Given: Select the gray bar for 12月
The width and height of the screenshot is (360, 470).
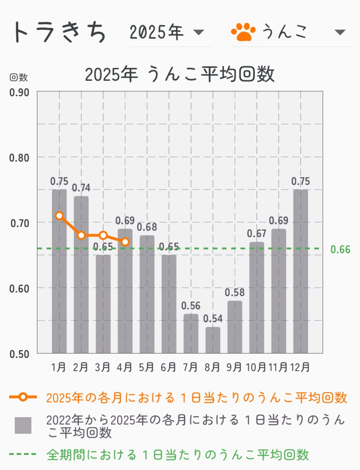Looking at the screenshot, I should coord(300,271).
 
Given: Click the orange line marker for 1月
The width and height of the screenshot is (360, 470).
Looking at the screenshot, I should coord(59,215).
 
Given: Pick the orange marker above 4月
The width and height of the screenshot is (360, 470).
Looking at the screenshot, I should coord(125,242).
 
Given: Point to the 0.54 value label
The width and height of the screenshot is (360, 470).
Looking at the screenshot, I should coord(212,318).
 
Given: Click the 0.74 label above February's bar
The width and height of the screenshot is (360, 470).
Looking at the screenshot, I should coord(81,187).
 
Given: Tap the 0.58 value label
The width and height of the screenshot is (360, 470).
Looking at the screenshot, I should coord(234,292).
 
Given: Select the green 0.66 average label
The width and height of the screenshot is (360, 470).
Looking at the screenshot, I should coord(340,249).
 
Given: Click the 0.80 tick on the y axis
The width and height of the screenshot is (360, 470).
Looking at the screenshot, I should coord(19,158).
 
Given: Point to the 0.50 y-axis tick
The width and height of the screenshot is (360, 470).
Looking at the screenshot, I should coord(19,354).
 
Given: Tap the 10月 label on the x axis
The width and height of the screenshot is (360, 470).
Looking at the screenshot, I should coord(256,368).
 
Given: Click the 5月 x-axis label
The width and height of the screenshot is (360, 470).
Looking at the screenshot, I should coord(147,368).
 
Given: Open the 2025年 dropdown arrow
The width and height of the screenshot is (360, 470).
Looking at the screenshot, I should coord(199,32).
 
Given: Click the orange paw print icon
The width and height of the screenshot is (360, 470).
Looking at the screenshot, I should coord(243,32).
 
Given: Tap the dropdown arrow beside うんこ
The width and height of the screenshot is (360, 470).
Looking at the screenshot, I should coord(340,32).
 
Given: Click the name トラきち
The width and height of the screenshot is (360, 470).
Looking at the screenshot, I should coord(59,32).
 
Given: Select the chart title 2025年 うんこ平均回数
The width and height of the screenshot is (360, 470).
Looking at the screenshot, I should coord(180,74).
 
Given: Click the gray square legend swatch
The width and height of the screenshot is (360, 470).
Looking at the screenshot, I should coord(23,425).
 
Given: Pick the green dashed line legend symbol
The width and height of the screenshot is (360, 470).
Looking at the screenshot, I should coord(23,455).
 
